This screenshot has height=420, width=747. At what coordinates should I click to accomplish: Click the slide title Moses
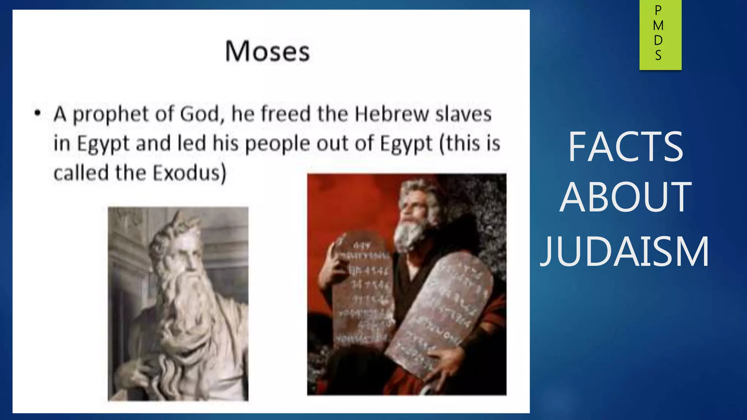point(267,51)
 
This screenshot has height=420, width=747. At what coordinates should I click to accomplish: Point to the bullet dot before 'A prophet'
point(37,113)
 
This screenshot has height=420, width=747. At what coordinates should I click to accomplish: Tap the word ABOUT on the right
point(625,197)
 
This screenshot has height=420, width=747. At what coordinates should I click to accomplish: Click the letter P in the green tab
point(658,11)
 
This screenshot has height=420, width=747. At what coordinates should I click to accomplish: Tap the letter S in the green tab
point(658,55)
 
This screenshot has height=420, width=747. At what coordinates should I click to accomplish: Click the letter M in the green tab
point(658,26)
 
